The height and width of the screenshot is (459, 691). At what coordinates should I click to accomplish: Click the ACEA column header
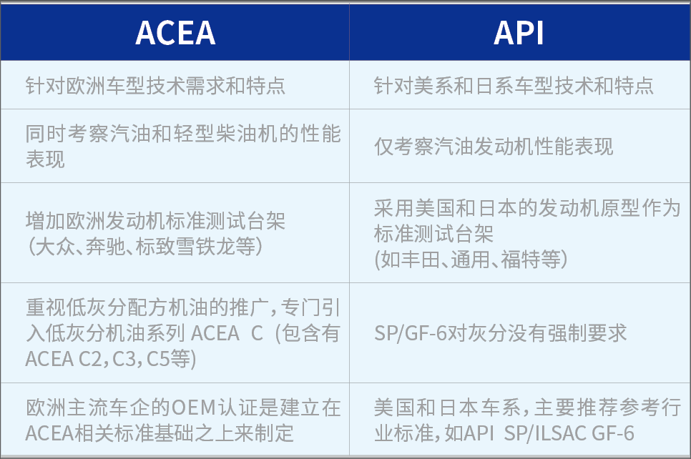175,33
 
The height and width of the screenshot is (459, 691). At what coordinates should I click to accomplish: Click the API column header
519,33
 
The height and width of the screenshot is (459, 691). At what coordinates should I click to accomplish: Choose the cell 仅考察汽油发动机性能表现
494,147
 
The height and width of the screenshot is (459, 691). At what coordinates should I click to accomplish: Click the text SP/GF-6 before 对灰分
410,332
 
